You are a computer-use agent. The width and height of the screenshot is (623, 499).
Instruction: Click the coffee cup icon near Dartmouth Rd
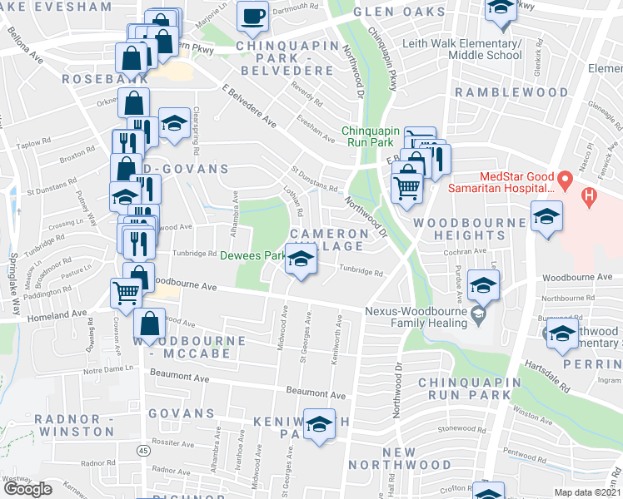coord(252,15)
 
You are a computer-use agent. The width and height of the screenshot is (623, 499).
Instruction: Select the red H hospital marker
coord(589,198)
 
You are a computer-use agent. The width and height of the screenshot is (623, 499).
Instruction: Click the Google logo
coord(27,488)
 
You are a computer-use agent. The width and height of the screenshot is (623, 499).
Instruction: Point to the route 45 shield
coord(143,451)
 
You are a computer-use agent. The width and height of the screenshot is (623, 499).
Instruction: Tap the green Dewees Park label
coord(252,256)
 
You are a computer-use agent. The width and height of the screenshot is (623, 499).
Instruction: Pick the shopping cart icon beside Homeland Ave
coord(126,292)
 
